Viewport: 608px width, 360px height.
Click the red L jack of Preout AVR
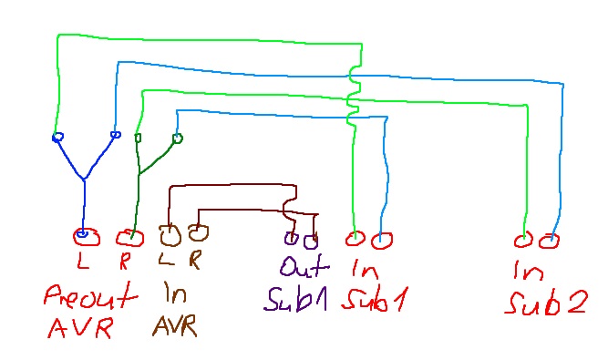click(x=86, y=237)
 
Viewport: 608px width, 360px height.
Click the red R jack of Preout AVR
click(x=129, y=238)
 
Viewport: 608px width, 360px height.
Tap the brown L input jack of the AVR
click(x=170, y=236)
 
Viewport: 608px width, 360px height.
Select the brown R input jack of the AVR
click(x=198, y=232)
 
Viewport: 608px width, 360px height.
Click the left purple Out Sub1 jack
click(x=291, y=238)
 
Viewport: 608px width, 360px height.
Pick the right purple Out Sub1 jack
click(x=311, y=242)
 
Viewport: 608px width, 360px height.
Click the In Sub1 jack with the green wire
click(x=355, y=239)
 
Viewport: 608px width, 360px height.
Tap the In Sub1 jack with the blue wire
click(x=382, y=241)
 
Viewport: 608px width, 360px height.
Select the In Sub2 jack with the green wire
click(x=523, y=241)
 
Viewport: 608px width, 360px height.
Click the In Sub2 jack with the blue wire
click(x=549, y=242)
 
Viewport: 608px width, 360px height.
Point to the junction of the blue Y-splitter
click(x=84, y=180)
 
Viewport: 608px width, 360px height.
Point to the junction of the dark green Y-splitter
click(x=139, y=173)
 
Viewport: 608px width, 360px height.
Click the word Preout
click(x=91, y=296)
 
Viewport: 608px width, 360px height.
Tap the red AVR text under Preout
click(x=80, y=327)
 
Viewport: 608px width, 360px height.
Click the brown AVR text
click(x=175, y=325)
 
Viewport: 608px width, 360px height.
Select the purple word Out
click(x=304, y=265)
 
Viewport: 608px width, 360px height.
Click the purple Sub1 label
click(x=295, y=300)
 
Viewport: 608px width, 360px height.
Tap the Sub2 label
click(x=547, y=303)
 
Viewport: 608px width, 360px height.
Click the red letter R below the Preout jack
click(x=124, y=261)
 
